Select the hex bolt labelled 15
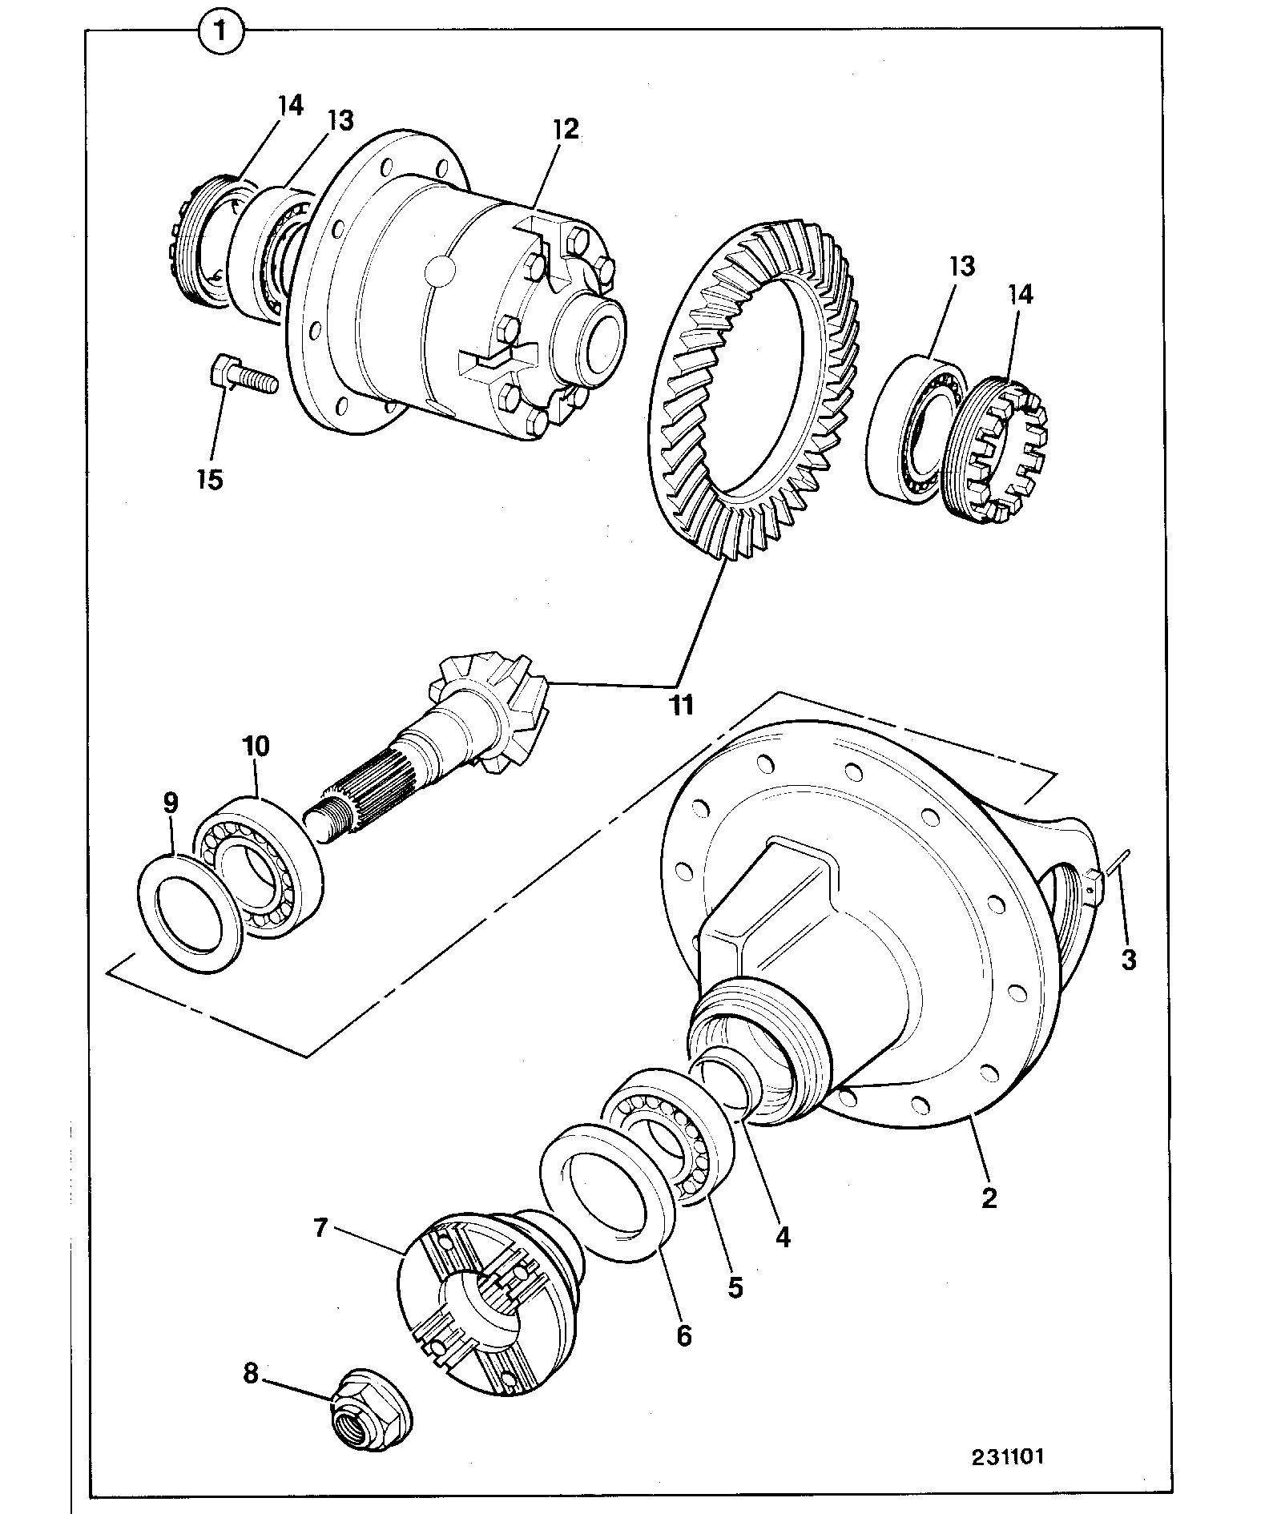pyautogui.click(x=243, y=376)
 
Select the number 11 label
pyautogui.click(x=681, y=705)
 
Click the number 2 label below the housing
pyautogui.click(x=989, y=1199)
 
